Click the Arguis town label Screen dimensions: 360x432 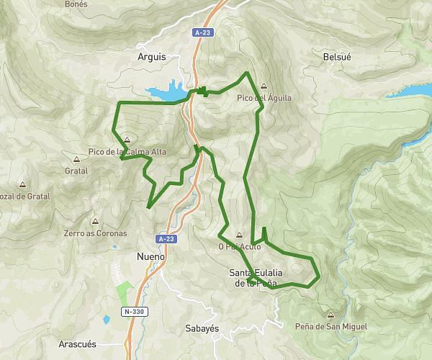[x=150, y=56]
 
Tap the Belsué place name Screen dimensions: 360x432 [x=337, y=56]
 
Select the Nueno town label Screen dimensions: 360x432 [x=150, y=256]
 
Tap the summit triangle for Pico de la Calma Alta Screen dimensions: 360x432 [x=127, y=140]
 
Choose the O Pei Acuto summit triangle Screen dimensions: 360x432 [x=239, y=234]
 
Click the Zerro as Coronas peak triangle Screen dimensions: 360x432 [x=94, y=222]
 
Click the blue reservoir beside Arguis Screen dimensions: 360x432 [x=168, y=91]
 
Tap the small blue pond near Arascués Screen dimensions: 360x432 [x=106, y=319]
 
